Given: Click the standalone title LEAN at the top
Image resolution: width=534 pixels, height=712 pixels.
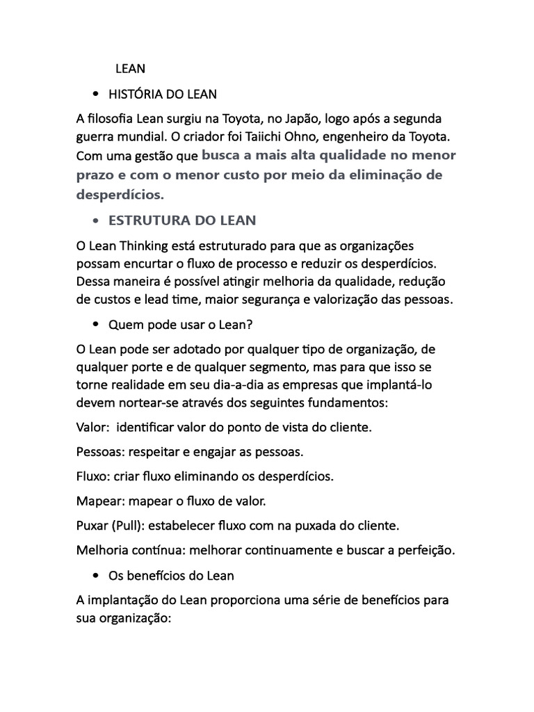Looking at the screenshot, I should (x=130, y=68).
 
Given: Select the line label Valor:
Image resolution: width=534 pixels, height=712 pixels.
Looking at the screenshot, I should (x=94, y=428).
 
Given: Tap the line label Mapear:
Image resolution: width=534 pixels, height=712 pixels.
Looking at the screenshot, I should (x=99, y=501).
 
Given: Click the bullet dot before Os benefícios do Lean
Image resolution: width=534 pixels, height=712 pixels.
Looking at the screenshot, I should (x=95, y=576).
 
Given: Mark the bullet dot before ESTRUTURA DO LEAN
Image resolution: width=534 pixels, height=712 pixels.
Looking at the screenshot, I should (x=95, y=221).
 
